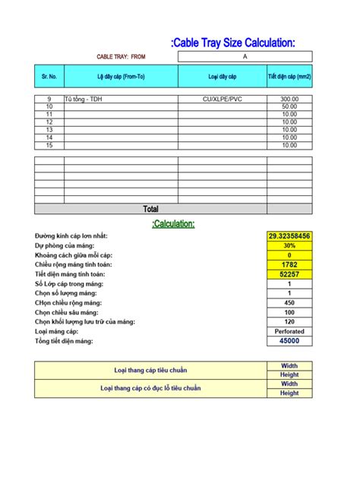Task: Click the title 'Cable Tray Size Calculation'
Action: [x=233, y=43]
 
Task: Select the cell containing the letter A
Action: [x=245, y=56]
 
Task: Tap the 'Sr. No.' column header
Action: [x=49, y=76]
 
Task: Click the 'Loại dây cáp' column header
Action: [x=222, y=76]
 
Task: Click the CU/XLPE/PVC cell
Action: [x=222, y=99]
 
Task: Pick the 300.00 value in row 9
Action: [x=289, y=99]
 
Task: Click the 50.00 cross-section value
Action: [x=289, y=107]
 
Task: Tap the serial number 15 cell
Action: [x=49, y=145]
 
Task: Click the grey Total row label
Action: [x=150, y=209]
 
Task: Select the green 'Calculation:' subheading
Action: [x=173, y=223]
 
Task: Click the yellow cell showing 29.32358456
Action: [x=289, y=236]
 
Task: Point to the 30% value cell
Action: [x=289, y=246]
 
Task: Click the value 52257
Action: [x=289, y=274]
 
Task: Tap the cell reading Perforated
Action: [x=289, y=331]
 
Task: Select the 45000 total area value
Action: [x=289, y=341]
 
